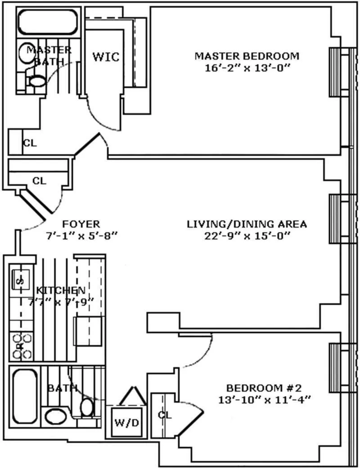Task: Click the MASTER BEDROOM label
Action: [x=246, y=56]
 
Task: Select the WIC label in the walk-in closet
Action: [x=106, y=57]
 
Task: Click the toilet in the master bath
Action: [x=36, y=81]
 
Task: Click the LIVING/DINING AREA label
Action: [x=247, y=224]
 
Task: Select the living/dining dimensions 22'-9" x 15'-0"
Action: [x=247, y=236]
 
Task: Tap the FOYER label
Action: [x=81, y=224]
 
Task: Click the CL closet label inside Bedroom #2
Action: [x=165, y=415]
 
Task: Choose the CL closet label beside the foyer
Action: [x=39, y=181]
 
